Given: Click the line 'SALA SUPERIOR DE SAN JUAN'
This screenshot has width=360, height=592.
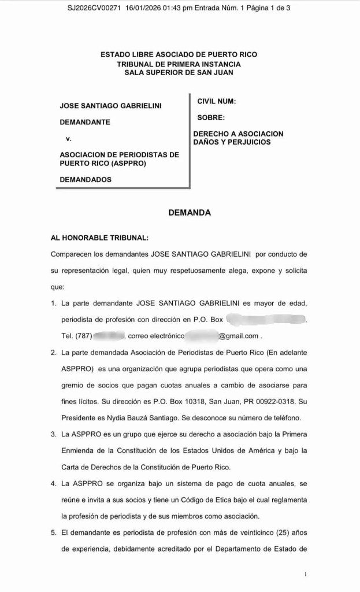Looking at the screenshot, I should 179,72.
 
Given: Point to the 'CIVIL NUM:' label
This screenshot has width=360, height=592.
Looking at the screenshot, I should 216,101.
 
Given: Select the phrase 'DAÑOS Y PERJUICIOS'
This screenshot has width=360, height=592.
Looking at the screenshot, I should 232,142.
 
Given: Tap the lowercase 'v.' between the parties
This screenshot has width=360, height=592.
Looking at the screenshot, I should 69,139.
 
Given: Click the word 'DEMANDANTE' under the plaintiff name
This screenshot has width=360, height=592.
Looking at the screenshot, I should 85,122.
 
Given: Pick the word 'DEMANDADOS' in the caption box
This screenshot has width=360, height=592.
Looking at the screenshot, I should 86,179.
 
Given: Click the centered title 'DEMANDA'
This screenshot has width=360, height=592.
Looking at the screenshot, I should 189,213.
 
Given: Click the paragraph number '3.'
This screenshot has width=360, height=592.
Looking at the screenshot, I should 54,434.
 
